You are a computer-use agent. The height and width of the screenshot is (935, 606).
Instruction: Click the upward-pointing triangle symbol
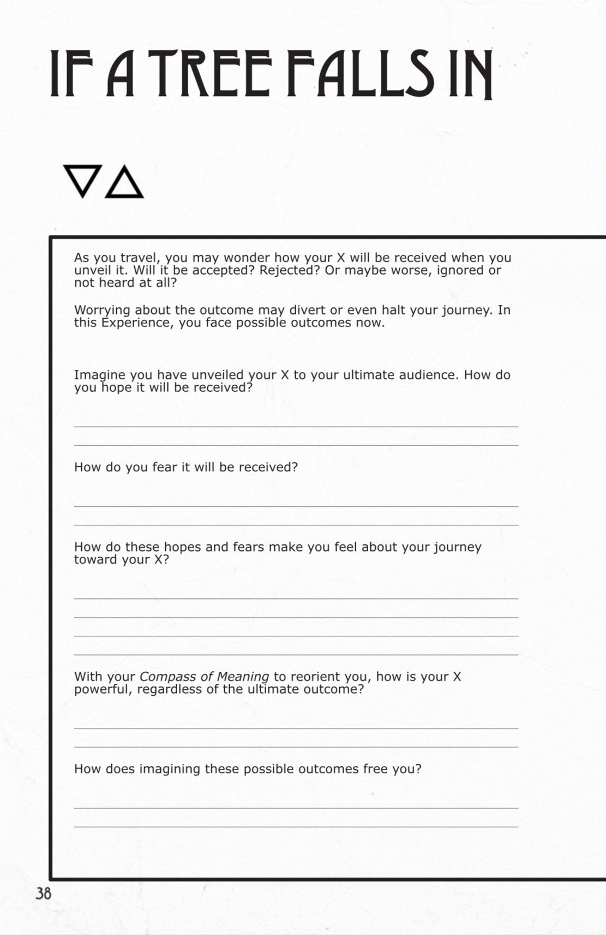[x=124, y=182]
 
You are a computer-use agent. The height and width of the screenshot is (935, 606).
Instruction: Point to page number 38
[x=43, y=894]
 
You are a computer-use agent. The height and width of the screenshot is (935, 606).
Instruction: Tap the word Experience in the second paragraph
[x=127, y=323]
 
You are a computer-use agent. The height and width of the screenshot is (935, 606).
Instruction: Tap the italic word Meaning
[x=243, y=677]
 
